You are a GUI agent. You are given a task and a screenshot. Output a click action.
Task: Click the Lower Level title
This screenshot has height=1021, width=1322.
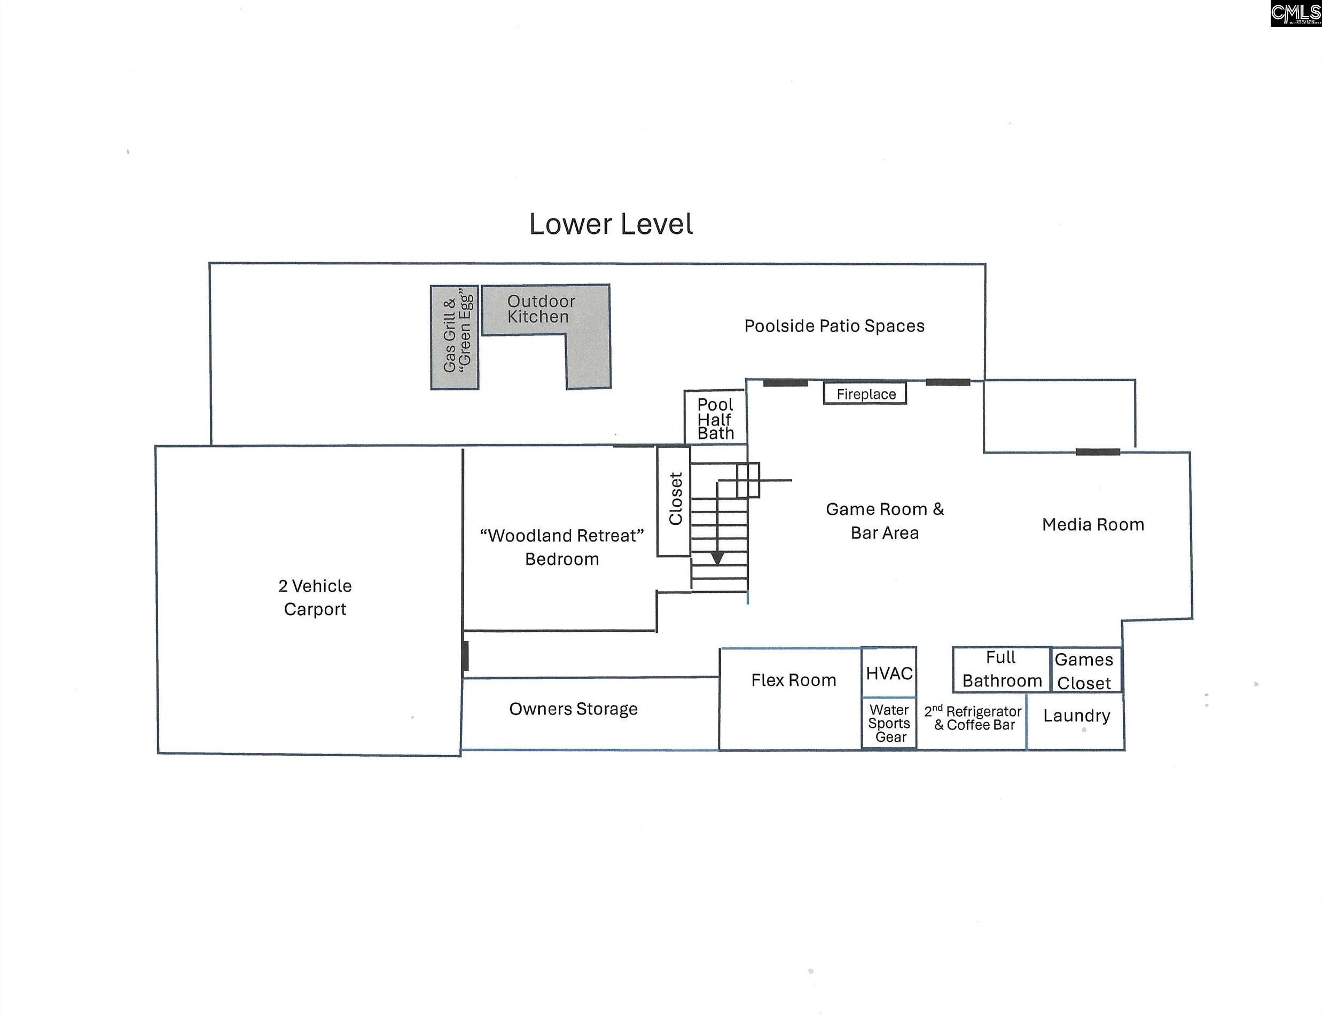pyautogui.click(x=611, y=224)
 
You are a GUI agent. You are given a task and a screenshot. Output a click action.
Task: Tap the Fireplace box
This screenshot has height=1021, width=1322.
pyautogui.click(x=865, y=394)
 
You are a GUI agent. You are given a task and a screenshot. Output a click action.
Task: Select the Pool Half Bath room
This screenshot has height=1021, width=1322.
pyautogui.click(x=715, y=418)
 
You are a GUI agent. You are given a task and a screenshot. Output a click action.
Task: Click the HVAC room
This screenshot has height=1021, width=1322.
pyautogui.click(x=889, y=672)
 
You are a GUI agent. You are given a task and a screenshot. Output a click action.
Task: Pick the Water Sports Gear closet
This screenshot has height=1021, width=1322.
pyautogui.click(x=889, y=723)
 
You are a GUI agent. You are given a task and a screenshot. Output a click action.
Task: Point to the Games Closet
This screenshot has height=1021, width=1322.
pyautogui.click(x=1085, y=670)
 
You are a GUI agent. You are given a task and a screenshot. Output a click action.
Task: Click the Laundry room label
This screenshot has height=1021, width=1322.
pyautogui.click(x=1076, y=716)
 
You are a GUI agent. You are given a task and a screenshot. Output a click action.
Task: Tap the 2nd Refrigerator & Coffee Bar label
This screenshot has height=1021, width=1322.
pyautogui.click(x=973, y=718)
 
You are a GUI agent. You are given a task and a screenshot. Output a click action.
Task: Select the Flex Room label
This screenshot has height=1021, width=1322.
pyautogui.click(x=794, y=680)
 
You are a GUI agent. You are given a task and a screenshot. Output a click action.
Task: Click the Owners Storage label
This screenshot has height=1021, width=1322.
pyautogui.click(x=573, y=709)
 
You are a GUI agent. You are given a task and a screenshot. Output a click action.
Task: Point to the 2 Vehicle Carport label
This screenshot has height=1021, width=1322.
pyautogui.click(x=315, y=598)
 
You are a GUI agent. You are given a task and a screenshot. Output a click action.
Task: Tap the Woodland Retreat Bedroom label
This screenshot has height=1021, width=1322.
pyautogui.click(x=562, y=547)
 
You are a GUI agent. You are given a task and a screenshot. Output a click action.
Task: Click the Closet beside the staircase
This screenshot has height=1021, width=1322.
pyautogui.click(x=674, y=501)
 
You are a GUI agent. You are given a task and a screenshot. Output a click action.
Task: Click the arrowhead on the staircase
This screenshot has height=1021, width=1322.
pyautogui.click(x=717, y=558)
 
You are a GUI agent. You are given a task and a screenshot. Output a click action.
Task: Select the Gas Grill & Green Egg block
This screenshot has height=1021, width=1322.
pyautogui.click(x=455, y=337)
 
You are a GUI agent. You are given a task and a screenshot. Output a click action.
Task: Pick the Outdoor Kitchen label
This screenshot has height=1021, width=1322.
pyautogui.click(x=541, y=309)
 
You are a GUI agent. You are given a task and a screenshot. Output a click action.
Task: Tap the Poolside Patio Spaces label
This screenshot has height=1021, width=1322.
pyautogui.click(x=834, y=326)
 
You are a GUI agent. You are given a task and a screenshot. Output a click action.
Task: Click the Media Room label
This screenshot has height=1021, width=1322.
pyautogui.click(x=1093, y=525)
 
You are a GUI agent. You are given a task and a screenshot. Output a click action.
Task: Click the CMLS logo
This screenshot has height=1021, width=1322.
pyautogui.click(x=1295, y=13)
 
